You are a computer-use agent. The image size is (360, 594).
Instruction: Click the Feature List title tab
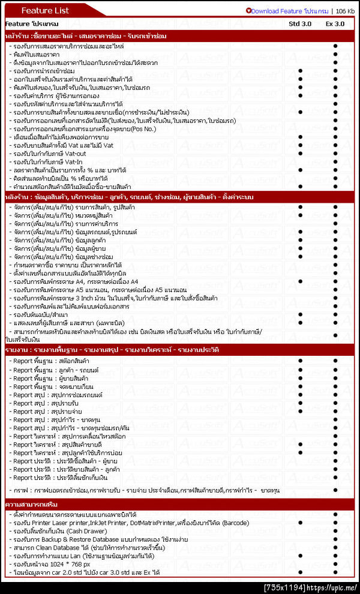coord(45,10)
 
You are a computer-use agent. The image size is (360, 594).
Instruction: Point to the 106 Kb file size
coord(345,11)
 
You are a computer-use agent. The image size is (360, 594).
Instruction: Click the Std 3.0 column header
coord(300,23)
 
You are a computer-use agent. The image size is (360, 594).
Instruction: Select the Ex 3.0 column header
coord(335,23)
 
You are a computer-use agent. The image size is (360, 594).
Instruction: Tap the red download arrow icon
coord(248,11)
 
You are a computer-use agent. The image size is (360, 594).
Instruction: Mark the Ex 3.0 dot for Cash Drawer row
coord(335,531)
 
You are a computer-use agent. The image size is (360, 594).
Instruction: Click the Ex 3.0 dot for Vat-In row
coord(335,161)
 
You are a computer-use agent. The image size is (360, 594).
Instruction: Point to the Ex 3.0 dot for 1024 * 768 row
coord(335,565)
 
